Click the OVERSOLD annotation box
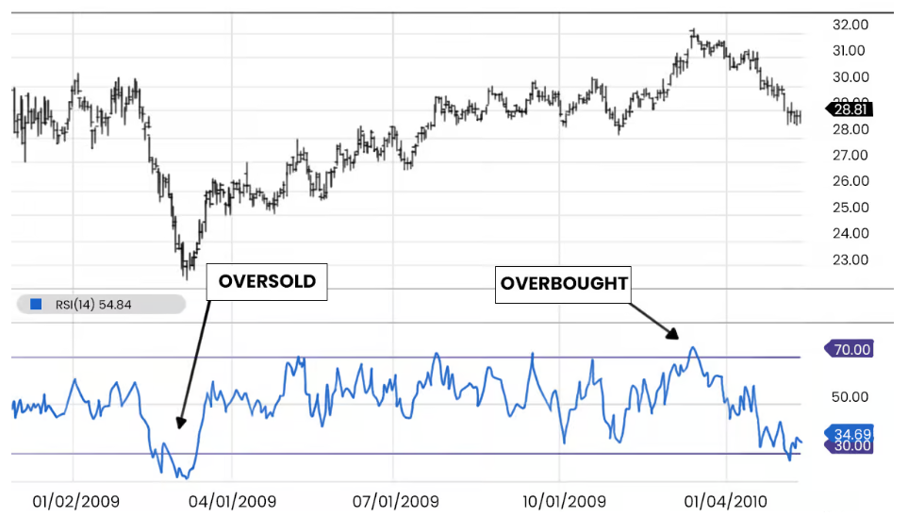267,281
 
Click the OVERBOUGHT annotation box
564,283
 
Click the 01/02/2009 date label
75,500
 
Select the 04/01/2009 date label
233,500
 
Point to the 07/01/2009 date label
395,500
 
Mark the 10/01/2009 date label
563,500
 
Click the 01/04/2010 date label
725,500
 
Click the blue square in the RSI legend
37,304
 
